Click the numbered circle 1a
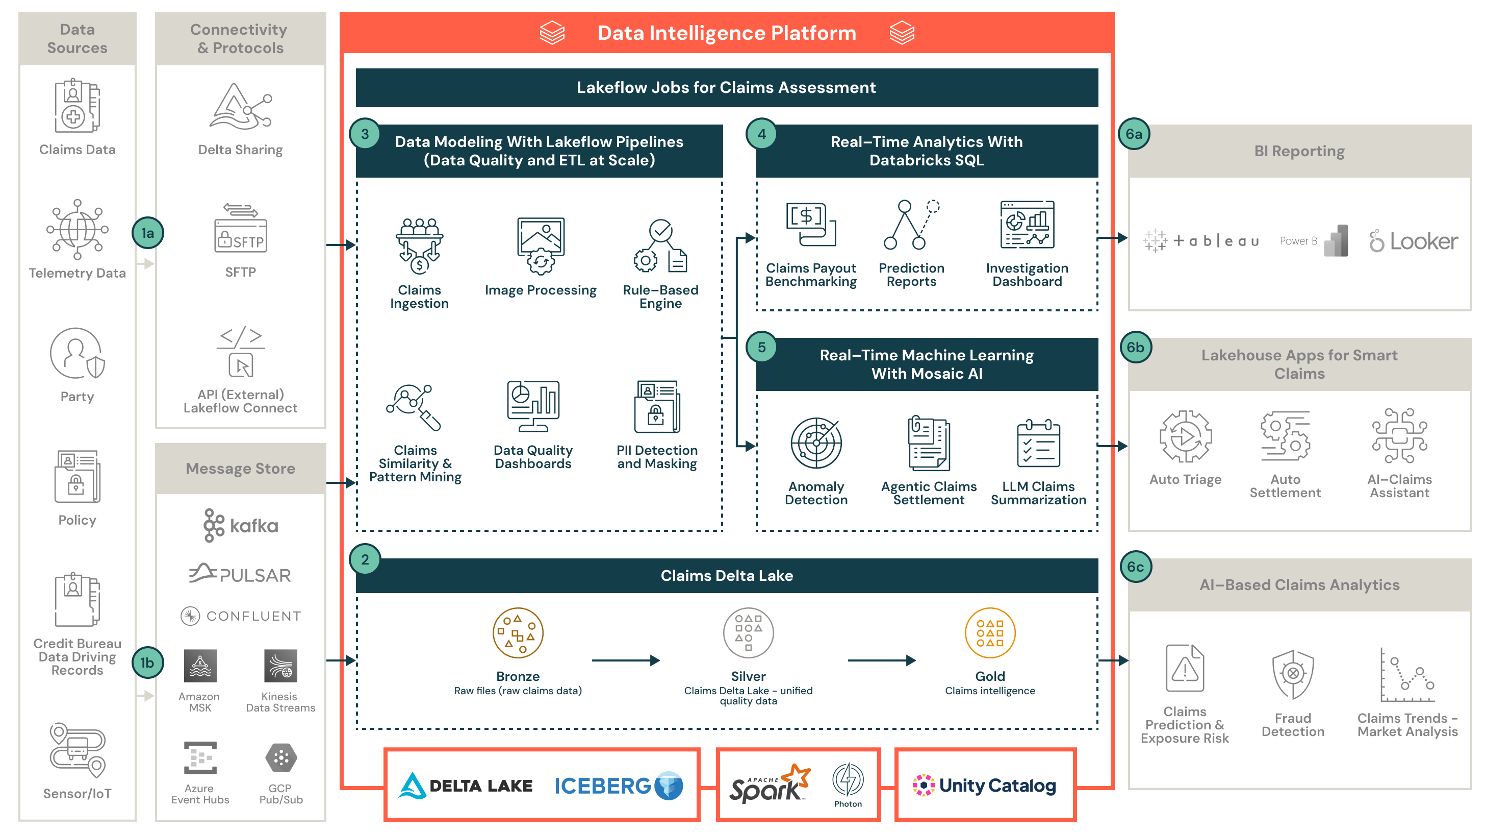[x=147, y=233]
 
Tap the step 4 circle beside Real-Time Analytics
[x=761, y=134]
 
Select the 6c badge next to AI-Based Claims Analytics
[x=1135, y=567]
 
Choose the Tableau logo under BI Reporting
[x=1201, y=240]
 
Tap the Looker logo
[x=1414, y=241]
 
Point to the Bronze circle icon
[x=518, y=633]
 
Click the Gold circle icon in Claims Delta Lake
[x=990, y=633]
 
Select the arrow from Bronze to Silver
[x=626, y=660]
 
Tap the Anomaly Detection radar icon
[x=816, y=443]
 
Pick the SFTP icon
[x=240, y=229]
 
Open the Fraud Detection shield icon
[x=1292, y=674]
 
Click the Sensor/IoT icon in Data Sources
[x=77, y=750]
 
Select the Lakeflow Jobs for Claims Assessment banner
[x=726, y=88]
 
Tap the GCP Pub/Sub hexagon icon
[x=281, y=757]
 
